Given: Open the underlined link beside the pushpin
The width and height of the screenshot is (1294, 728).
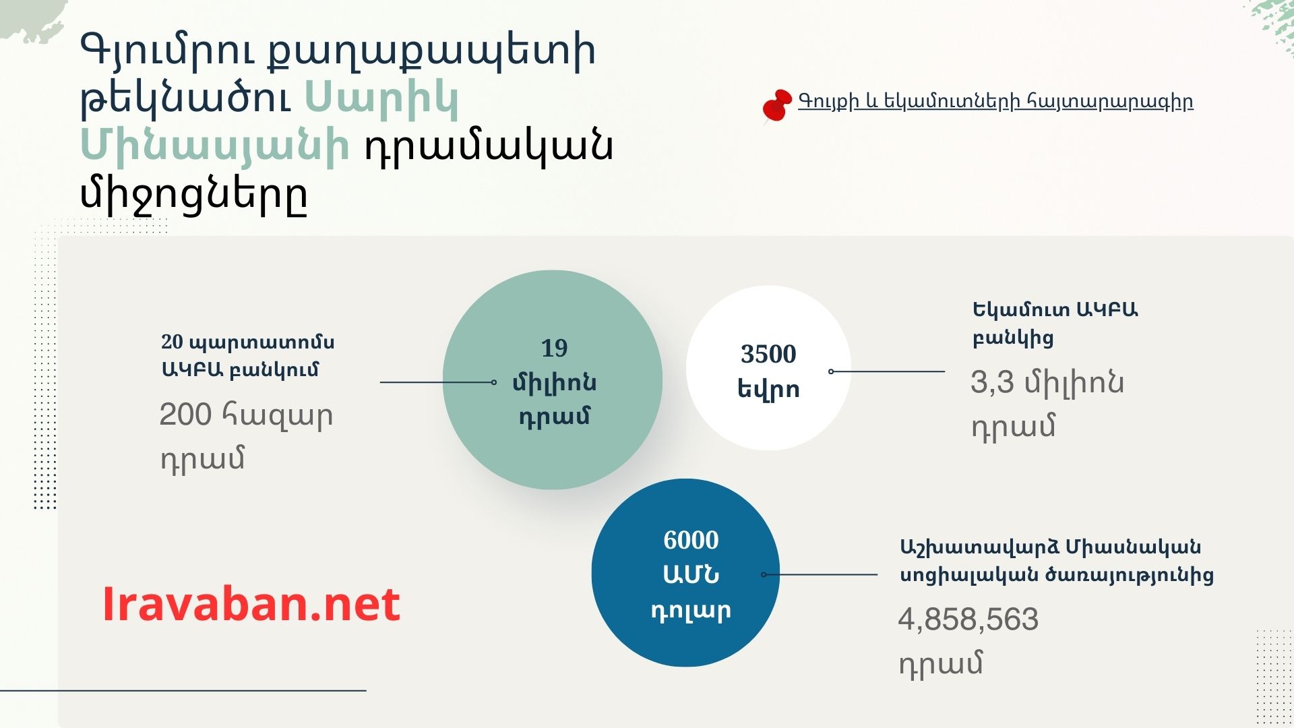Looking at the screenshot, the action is click(995, 102).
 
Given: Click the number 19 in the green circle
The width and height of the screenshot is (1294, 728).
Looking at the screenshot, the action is click(554, 348).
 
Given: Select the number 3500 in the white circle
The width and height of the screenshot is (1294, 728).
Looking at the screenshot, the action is click(768, 354).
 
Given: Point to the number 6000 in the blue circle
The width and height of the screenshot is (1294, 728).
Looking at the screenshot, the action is click(691, 540).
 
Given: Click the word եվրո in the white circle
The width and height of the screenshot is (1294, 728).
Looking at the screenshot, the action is click(768, 390).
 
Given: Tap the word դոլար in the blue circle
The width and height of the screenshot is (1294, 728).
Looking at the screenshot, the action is click(691, 611).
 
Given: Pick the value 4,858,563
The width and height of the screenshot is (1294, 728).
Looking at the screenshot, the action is click(968, 619).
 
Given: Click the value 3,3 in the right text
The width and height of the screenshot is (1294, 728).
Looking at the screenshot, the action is click(992, 382).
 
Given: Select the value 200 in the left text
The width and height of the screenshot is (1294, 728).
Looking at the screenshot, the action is click(185, 415).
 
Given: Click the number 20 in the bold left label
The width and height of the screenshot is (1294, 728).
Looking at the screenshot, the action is click(172, 342).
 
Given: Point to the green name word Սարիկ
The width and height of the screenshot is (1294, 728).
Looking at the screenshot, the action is click(381, 98).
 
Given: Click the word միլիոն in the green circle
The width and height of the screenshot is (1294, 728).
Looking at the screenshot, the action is click(554, 383).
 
